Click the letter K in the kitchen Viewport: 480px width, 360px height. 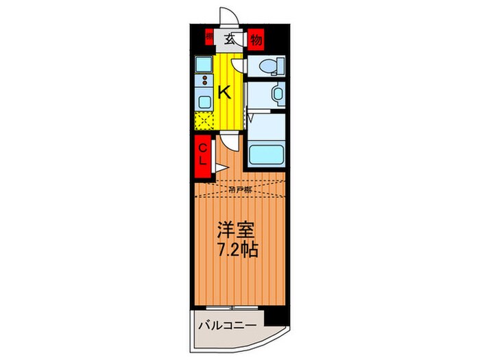click(x=224, y=93)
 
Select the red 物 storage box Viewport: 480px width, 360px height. click(x=256, y=39)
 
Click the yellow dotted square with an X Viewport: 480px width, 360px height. click(x=204, y=120)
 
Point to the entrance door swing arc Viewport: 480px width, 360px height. click(x=230, y=17)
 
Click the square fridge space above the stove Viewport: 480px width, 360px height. click(x=204, y=64)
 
